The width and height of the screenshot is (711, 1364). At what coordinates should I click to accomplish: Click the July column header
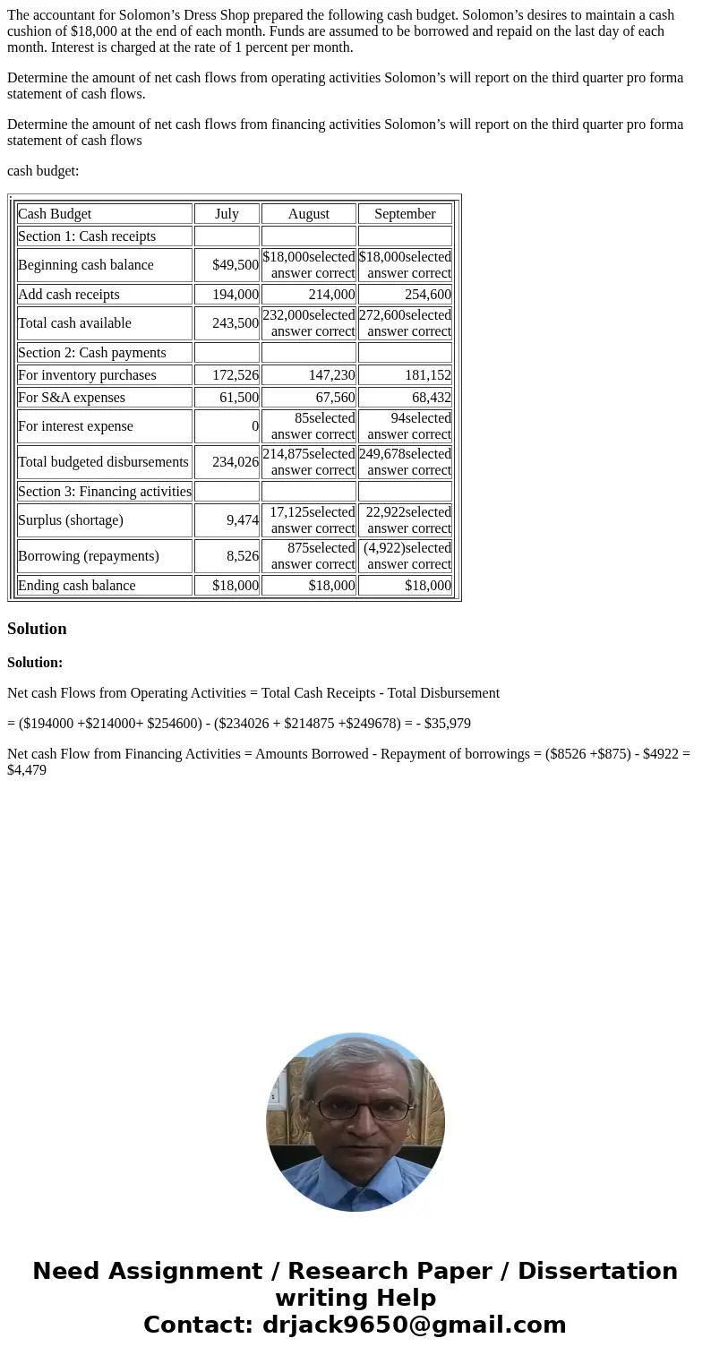pos(227,214)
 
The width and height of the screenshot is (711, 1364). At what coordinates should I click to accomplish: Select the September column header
pos(405,214)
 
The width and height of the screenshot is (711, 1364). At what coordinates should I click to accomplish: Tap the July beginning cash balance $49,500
pos(235,265)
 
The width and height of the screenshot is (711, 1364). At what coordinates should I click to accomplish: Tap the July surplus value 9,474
pos(243,520)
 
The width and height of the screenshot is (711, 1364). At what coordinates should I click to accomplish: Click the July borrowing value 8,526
pos(243,556)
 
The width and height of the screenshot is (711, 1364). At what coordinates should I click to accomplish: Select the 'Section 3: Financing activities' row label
pos(105,492)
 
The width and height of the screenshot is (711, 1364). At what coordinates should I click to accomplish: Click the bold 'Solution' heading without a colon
pos(37,629)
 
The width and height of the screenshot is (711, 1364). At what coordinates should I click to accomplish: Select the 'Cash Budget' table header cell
pos(55,214)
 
